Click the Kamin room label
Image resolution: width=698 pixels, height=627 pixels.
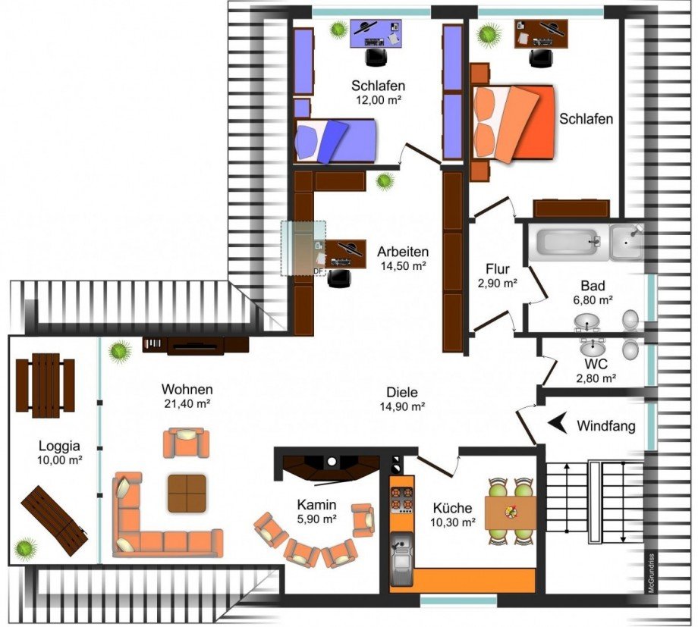(x=316, y=505)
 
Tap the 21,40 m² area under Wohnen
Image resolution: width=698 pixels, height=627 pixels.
(x=187, y=403)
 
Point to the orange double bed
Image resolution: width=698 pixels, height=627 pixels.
(x=513, y=122)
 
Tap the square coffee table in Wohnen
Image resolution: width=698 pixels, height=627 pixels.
(x=187, y=493)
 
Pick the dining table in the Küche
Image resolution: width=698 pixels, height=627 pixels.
(x=511, y=513)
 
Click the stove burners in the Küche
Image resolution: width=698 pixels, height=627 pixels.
(x=401, y=500)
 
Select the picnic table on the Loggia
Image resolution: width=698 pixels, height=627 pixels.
(x=46, y=385)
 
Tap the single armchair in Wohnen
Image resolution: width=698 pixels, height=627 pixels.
(x=186, y=442)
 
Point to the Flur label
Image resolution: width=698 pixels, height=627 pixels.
(x=497, y=269)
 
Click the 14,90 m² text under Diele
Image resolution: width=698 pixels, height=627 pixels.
(x=402, y=406)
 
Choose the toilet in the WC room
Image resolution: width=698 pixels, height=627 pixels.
(x=630, y=350)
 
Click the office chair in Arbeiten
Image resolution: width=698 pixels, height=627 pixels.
(x=339, y=277)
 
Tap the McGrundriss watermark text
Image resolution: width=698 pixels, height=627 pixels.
(x=651, y=573)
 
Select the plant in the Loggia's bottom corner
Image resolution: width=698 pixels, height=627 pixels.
(x=25, y=548)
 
